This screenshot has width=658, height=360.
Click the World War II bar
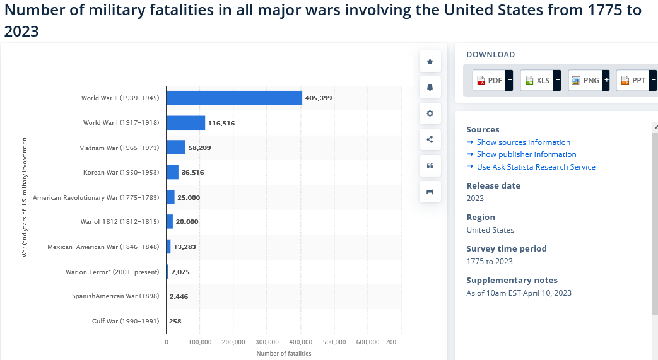coord(234,98)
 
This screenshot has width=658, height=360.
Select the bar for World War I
coord(185,122)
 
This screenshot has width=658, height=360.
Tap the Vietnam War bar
coord(176,148)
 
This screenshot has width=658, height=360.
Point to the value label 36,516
coord(192,172)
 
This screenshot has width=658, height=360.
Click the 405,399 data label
coord(319,98)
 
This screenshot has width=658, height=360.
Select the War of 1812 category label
coord(120,221)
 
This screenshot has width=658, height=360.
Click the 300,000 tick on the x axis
coord(267,342)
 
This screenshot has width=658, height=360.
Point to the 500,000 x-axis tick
coord(334,342)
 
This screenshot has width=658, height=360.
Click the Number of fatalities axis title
coord(284,353)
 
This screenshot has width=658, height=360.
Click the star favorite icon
coord(430,61)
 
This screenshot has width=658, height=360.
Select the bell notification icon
coord(430,87)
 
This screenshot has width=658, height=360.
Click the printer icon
coord(430,192)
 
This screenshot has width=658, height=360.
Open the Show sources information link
coord(523,142)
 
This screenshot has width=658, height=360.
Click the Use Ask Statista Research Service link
coord(536,167)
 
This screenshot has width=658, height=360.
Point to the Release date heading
coord(493,185)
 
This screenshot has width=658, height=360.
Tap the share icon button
coord(430,139)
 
